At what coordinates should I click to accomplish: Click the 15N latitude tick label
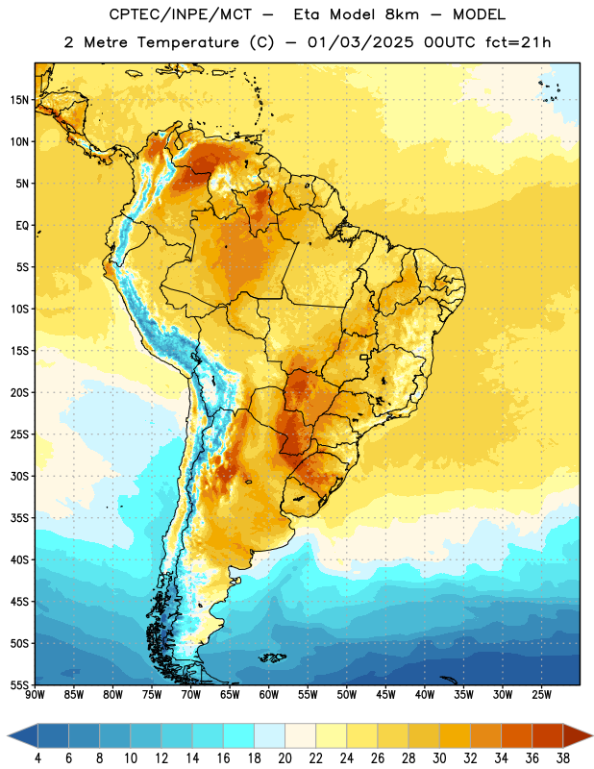[x=19, y=100]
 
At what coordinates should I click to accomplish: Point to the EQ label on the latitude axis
[x=22, y=226]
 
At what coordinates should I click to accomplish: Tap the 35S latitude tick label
[x=19, y=518]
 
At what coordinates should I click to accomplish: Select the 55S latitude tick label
[x=19, y=684]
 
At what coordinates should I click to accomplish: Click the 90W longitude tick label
[x=35, y=695]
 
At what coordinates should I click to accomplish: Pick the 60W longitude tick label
[x=269, y=695]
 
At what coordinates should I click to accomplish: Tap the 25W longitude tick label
[x=541, y=695]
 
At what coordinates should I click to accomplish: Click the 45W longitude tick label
[x=385, y=695]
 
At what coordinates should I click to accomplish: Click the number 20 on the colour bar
[x=285, y=758]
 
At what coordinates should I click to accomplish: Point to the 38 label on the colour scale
[x=563, y=758]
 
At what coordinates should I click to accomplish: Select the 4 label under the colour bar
[x=37, y=758]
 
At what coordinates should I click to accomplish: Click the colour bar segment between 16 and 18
[x=239, y=735]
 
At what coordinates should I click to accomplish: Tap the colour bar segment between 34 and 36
[x=517, y=735]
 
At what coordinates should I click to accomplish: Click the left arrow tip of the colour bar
[x=8, y=735]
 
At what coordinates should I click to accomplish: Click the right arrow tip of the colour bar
[x=593, y=735]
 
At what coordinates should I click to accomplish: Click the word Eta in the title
[x=306, y=14]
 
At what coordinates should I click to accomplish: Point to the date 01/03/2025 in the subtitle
[x=360, y=42]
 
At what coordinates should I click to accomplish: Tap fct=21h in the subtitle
[x=518, y=42]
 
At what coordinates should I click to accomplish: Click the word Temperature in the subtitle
[x=188, y=43]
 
